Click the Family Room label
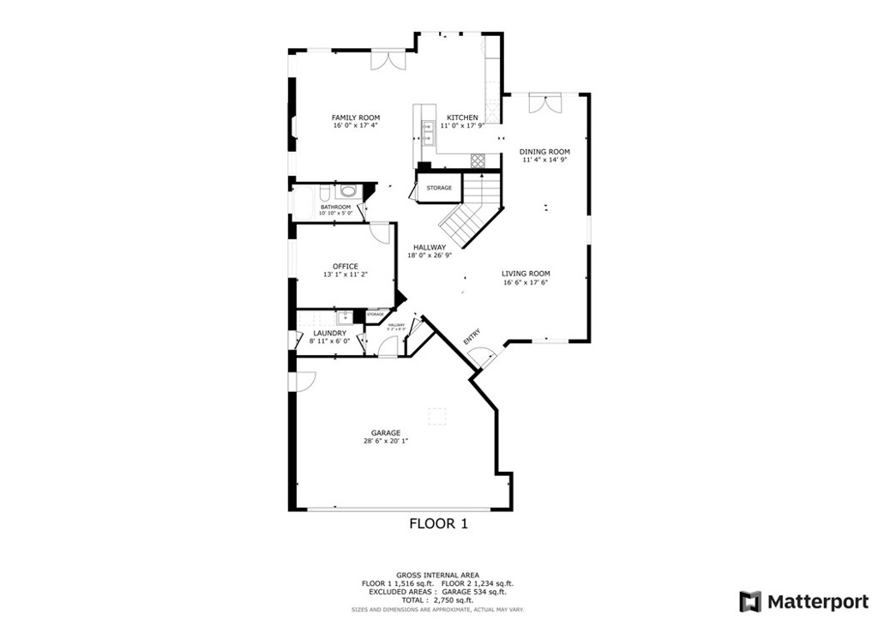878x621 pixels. pyautogui.click(x=356, y=118)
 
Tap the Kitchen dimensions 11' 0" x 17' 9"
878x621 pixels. pyautogui.click(x=462, y=126)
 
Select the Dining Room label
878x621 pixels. pyautogui.click(x=544, y=152)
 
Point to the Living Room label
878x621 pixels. pyautogui.click(x=526, y=274)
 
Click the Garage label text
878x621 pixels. pyautogui.click(x=386, y=433)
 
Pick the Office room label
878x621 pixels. pyautogui.click(x=346, y=267)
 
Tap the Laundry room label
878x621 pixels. pyautogui.click(x=330, y=333)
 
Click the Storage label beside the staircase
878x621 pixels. pyautogui.click(x=439, y=188)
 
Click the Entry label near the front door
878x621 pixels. pyautogui.click(x=472, y=337)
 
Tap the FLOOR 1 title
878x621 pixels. pyautogui.click(x=438, y=523)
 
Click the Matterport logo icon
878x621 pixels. pyautogui.click(x=750, y=600)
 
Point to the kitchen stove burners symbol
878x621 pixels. pyautogui.click(x=478, y=160)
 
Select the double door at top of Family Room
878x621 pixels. pyautogui.click(x=387, y=60)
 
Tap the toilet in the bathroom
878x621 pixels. pyautogui.click(x=347, y=191)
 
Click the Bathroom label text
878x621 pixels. pyautogui.click(x=335, y=207)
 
